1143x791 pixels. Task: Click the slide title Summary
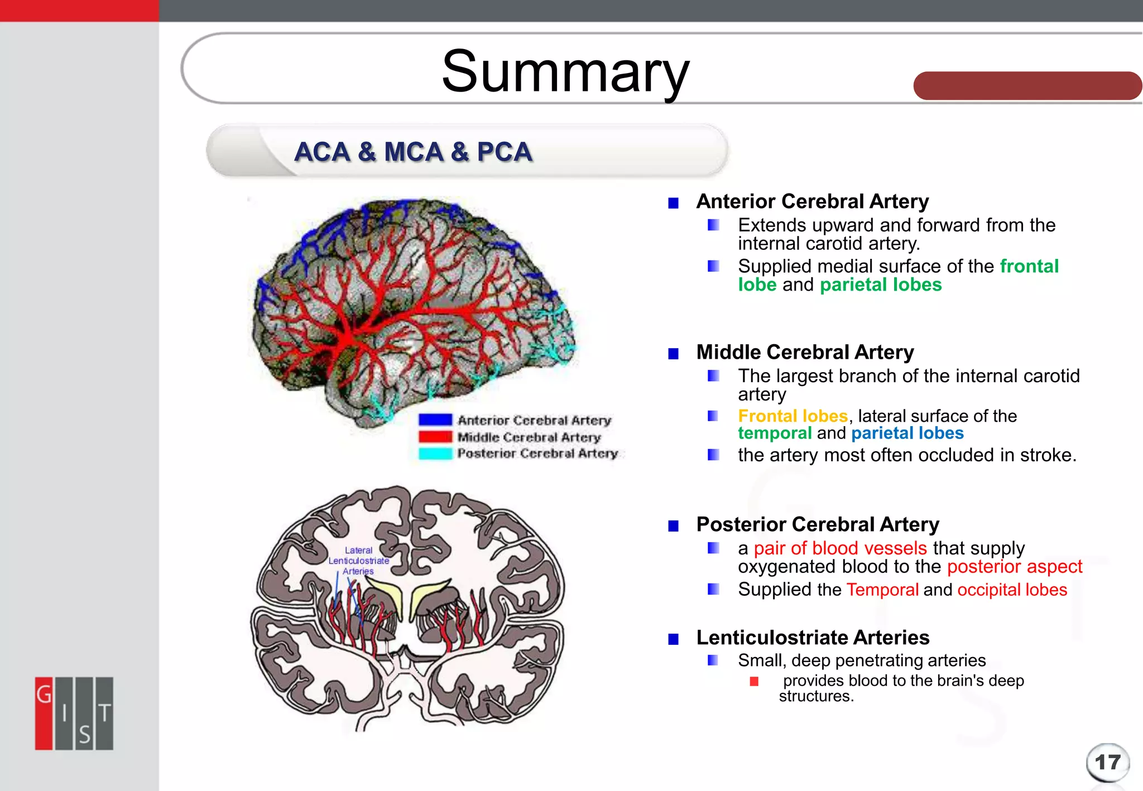(x=565, y=71)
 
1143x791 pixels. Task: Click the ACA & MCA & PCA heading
(x=413, y=152)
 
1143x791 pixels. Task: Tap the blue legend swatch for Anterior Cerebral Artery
(x=435, y=420)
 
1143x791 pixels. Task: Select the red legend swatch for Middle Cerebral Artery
(x=435, y=437)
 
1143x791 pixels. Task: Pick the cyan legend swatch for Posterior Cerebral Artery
(x=435, y=454)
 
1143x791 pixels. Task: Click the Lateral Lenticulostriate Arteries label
(x=358, y=561)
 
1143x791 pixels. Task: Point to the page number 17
(x=1107, y=762)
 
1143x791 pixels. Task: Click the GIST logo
(x=74, y=713)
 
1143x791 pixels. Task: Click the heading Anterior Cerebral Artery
(x=812, y=201)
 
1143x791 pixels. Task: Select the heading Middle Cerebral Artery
(x=805, y=353)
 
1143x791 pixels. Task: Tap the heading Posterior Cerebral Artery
(x=818, y=524)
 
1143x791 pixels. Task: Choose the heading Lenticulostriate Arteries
(x=813, y=638)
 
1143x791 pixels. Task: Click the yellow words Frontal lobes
(x=793, y=416)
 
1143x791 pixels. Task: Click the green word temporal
(x=775, y=433)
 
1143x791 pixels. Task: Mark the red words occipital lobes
(x=1012, y=590)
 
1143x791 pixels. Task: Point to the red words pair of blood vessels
(x=840, y=548)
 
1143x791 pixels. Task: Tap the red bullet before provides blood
(x=754, y=681)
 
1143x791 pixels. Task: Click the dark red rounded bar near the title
(x=1027, y=86)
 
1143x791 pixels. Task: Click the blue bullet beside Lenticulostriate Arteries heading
(x=674, y=639)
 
